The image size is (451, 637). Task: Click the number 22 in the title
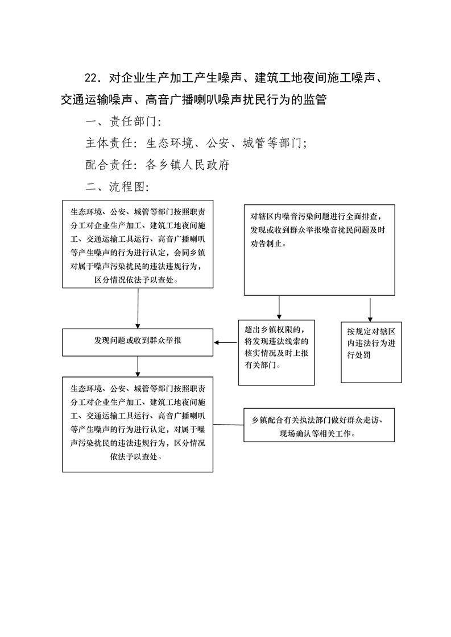pyautogui.click(x=91, y=78)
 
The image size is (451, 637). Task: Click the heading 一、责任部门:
pyautogui.click(x=123, y=121)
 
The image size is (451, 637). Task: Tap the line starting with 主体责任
pyautogui.click(x=196, y=143)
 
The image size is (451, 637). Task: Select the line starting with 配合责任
pyautogui.click(x=158, y=165)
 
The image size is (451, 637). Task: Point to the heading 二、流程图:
pyautogui.click(x=117, y=187)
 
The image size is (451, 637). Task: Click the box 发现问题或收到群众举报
pyautogui.click(x=138, y=342)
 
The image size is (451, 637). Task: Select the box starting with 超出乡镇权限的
pyautogui.click(x=276, y=353)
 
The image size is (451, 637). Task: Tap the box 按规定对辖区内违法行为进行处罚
pyautogui.click(x=371, y=352)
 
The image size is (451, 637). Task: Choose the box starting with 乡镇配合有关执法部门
pyautogui.click(x=319, y=425)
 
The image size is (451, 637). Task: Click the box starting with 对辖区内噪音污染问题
pyautogui.click(x=320, y=250)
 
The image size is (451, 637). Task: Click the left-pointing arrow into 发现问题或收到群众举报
pyautogui.click(x=226, y=342)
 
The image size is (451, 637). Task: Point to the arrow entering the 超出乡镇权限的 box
pyautogui.click(x=279, y=308)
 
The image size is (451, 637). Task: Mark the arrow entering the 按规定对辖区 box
pyautogui.click(x=370, y=310)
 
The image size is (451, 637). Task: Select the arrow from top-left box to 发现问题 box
pyautogui.click(x=138, y=308)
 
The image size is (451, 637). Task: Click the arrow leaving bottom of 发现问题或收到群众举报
pyautogui.click(x=138, y=366)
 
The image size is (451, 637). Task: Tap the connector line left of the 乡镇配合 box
pyautogui.click(x=229, y=425)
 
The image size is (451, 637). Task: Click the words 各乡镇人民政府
pyautogui.click(x=188, y=165)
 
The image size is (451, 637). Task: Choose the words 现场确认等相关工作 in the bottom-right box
pyautogui.click(x=316, y=434)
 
